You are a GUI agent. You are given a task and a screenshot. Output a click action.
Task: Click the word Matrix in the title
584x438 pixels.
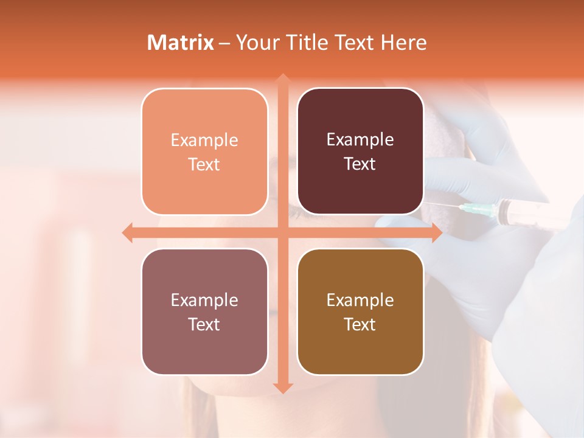coord(181,43)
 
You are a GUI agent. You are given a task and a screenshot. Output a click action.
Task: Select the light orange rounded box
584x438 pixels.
coord(204,151)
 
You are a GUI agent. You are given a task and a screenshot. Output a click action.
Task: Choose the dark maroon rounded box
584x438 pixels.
coord(360,151)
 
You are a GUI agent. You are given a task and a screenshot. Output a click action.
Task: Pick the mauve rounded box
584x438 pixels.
coord(204,312)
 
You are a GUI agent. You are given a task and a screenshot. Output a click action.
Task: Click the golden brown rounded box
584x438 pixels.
coord(360,312)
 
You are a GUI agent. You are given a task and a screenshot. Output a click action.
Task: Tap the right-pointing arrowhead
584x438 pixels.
coord(436,232)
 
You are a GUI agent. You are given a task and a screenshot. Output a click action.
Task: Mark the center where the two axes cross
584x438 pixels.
coord(282,232)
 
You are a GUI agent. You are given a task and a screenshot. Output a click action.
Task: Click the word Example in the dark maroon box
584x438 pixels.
coord(360,139)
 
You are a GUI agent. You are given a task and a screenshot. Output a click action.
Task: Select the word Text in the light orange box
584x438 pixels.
coord(204,164)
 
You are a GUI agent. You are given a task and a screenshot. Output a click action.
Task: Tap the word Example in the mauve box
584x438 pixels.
coord(204,300)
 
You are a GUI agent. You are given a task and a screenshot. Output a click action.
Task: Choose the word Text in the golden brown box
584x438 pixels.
coord(360,325)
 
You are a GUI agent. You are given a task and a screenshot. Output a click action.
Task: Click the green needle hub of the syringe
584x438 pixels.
coord(471,210)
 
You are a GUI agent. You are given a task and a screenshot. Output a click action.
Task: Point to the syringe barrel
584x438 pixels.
coord(517,214)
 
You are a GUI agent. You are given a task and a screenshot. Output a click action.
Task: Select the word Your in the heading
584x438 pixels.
coord(257,43)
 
